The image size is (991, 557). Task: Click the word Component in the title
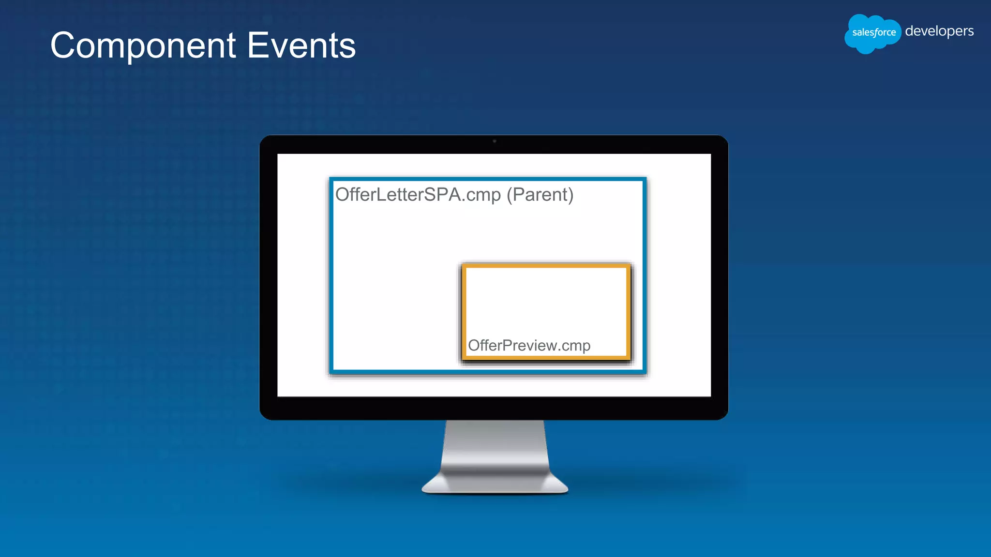pyautogui.click(x=143, y=46)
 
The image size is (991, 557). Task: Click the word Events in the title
pyautogui.click(x=301, y=46)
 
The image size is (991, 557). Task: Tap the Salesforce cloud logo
pyautogui.click(x=872, y=33)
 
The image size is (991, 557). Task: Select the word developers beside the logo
pyautogui.click(x=939, y=31)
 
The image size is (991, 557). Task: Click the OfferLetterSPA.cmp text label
pyautogui.click(x=418, y=194)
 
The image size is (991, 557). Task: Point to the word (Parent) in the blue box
pyautogui.click(x=540, y=194)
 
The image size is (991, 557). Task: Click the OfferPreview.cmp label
pyautogui.click(x=529, y=345)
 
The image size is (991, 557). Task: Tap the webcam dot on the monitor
pyautogui.click(x=494, y=141)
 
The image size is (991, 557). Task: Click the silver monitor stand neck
pyautogui.click(x=495, y=445)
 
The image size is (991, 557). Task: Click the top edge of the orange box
pyautogui.click(x=546, y=266)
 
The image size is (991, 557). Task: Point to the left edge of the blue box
pyautogui.click(x=331, y=276)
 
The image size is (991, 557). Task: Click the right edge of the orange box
pyautogui.click(x=628, y=312)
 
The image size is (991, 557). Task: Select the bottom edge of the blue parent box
pyautogui.click(x=488, y=371)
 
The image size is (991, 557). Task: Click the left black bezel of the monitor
pyautogui.click(x=269, y=276)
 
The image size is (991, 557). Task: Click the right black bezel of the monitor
pyautogui.click(x=720, y=276)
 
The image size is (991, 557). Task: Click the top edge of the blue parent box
pyautogui.click(x=488, y=179)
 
